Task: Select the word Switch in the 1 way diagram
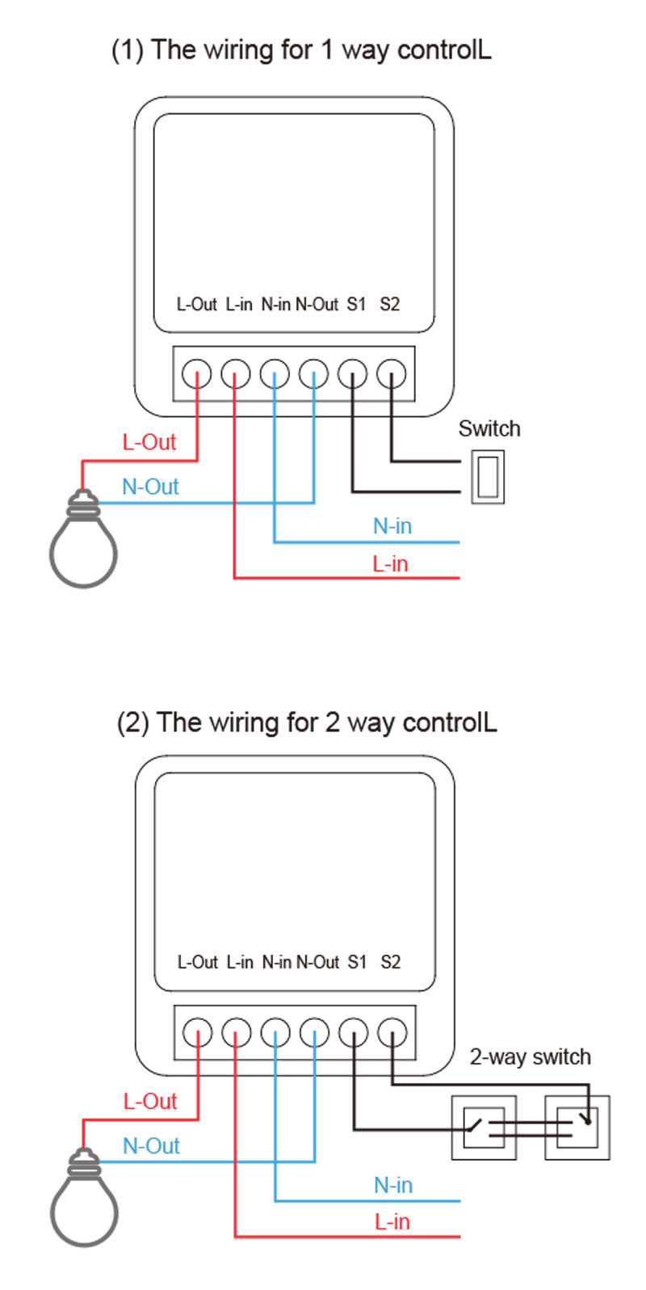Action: click(x=489, y=428)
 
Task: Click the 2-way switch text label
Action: click(x=531, y=1056)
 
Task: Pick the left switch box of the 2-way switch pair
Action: click(x=484, y=1128)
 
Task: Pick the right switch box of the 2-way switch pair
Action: click(x=577, y=1128)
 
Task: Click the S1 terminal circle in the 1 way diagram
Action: click(x=352, y=373)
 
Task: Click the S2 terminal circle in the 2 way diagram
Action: click(x=392, y=1032)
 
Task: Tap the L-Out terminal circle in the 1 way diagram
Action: click(x=197, y=373)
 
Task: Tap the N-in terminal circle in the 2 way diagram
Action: click(x=275, y=1032)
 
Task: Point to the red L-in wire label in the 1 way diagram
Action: click(x=391, y=564)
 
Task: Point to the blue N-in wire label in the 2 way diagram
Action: click(x=393, y=1185)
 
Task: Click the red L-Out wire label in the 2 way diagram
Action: click(x=150, y=1101)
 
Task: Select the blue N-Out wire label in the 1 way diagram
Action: click(x=150, y=487)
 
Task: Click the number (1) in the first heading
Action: click(x=128, y=50)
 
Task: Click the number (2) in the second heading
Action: click(x=133, y=722)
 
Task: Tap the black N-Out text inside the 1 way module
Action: click(x=317, y=305)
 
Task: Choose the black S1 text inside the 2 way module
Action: click(x=357, y=963)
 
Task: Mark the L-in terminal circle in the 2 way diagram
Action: click(x=237, y=1032)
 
